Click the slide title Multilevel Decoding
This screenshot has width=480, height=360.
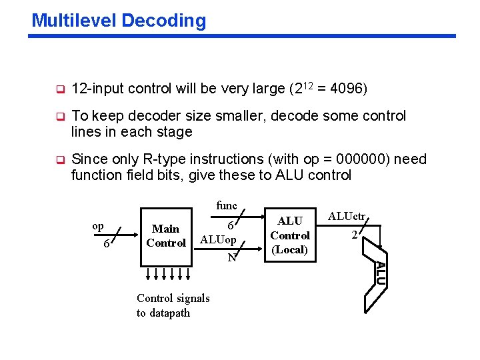click(119, 21)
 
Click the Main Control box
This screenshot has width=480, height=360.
click(166, 236)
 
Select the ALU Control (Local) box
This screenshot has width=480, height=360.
click(290, 235)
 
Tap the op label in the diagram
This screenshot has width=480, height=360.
click(97, 226)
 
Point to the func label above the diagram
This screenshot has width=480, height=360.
click(227, 206)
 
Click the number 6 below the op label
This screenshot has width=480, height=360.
click(107, 245)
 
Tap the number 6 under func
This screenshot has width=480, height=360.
click(229, 225)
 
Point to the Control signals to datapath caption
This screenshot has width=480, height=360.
click(173, 305)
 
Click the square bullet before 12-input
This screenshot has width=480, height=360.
click(59, 89)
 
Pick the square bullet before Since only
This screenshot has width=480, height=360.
click(59, 160)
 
